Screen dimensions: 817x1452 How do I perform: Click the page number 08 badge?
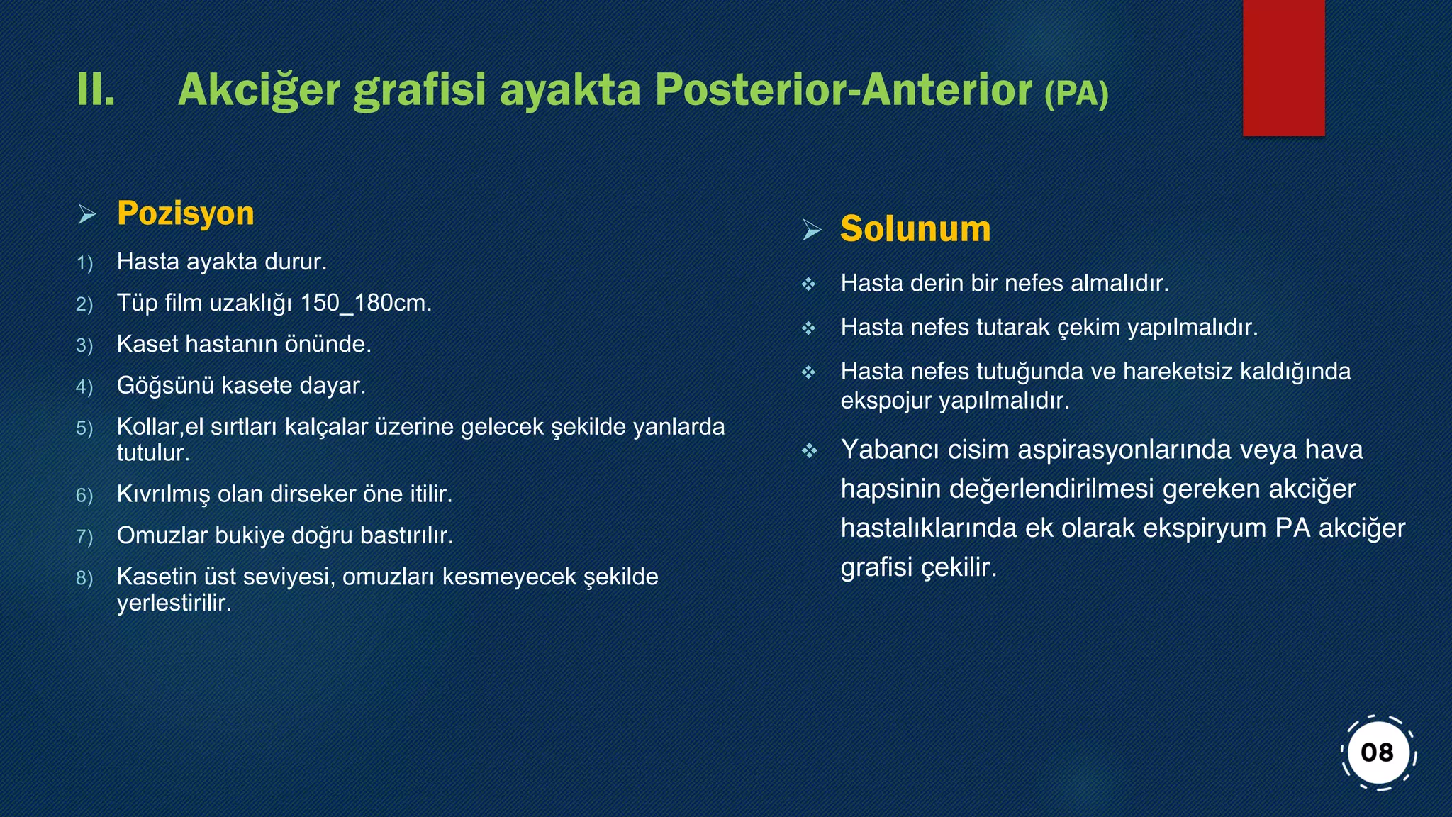click(x=1378, y=752)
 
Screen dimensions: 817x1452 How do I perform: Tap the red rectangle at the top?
click(x=1283, y=67)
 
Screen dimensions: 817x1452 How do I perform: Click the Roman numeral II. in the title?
click(x=96, y=90)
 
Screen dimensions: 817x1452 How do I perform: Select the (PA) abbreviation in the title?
click(x=1076, y=93)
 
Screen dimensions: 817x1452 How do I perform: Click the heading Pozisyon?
click(x=185, y=213)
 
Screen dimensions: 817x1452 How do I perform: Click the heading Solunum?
click(x=915, y=229)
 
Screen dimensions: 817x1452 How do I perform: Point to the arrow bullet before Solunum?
click(x=812, y=230)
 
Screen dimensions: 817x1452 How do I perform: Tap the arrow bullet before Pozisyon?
click(x=86, y=214)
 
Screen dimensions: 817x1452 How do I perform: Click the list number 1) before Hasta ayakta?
click(x=84, y=264)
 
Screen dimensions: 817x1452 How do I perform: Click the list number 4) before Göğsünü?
click(x=84, y=387)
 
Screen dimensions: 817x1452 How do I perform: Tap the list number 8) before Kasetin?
click(x=84, y=579)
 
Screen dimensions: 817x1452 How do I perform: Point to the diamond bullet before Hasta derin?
click(x=809, y=284)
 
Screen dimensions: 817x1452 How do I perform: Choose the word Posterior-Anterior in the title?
click(x=843, y=90)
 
